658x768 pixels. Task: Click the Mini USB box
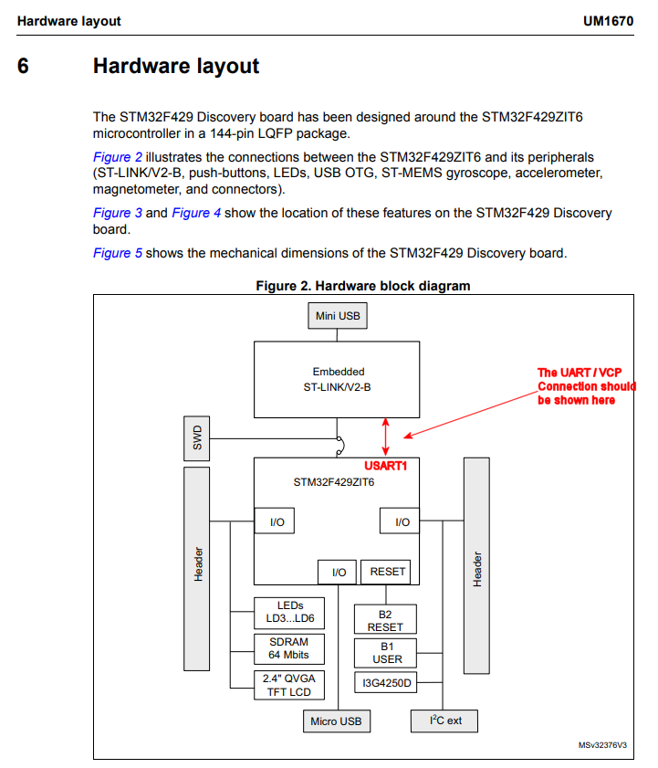coord(338,317)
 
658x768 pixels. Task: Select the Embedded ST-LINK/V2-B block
coord(338,379)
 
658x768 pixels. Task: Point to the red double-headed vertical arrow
coord(385,436)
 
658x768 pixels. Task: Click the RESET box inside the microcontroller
coord(387,573)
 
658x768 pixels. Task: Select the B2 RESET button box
coord(385,620)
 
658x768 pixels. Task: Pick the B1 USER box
coord(385,652)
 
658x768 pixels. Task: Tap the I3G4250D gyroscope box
coord(385,682)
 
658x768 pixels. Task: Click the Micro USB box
coord(336,721)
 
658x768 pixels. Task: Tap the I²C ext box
coord(445,721)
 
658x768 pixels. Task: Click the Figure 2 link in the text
coord(118,157)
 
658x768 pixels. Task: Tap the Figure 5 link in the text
coord(118,253)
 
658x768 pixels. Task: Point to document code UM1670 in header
coord(610,20)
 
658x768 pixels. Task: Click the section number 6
coord(23,67)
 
